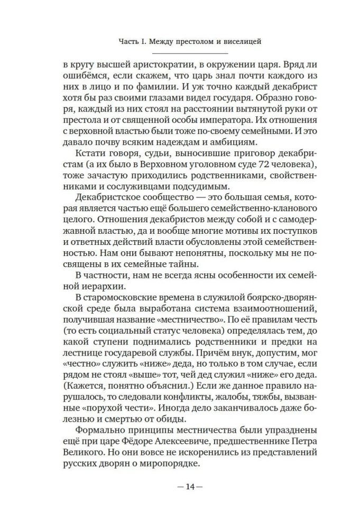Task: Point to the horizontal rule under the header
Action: (189, 54)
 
